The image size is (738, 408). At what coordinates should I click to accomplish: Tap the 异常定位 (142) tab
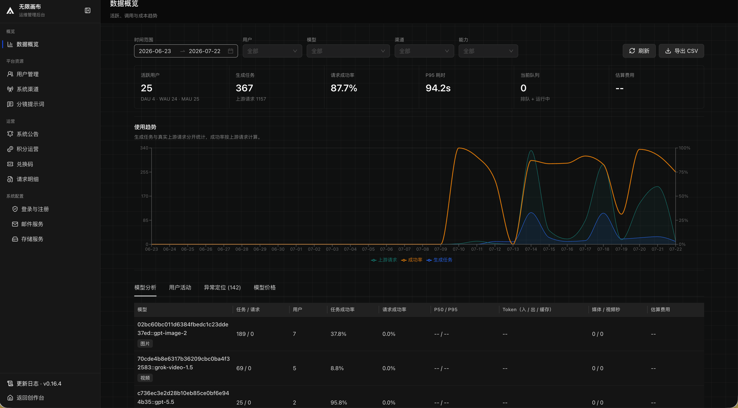pos(222,287)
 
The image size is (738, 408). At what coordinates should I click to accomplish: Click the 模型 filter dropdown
pos(348,51)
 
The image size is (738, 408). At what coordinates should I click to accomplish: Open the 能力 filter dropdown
pos(488,51)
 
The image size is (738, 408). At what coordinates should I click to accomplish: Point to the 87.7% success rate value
pos(344,88)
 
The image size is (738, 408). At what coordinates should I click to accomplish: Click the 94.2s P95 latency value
pos(438,88)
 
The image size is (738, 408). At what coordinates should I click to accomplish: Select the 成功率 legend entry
pos(412,260)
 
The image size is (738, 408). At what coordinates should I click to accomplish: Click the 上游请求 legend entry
pos(384,260)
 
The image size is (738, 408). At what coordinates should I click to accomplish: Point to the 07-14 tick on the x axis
pos(531,249)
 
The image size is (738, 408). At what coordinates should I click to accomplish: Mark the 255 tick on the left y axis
pos(144,172)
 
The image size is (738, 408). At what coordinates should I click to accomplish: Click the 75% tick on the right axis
pos(683,172)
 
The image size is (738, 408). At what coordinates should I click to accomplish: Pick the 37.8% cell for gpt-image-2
pos(338,334)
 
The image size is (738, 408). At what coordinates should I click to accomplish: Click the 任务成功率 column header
pos(342,309)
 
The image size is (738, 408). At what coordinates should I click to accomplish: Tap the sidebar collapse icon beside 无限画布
pos(88,11)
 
